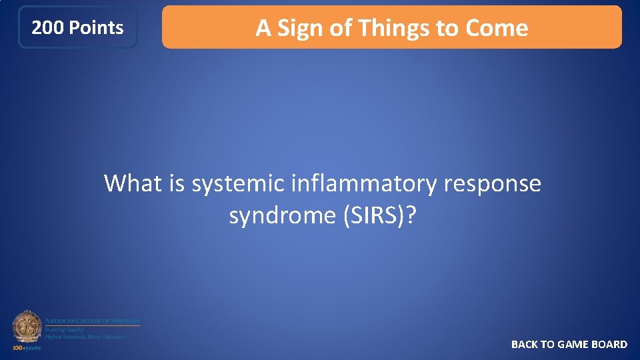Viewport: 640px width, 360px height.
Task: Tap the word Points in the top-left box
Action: pos(96,28)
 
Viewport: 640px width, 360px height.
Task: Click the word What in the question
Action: pos(135,183)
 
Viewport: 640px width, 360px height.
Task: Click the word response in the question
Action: pos(491,183)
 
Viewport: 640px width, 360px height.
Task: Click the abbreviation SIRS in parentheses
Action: pos(375,215)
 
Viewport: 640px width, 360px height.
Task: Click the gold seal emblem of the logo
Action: pos(27,327)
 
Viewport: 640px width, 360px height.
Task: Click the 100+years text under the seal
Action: pos(27,347)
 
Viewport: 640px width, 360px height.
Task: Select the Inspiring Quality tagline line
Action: pos(64,329)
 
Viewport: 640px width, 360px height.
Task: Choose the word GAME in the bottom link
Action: pos(573,344)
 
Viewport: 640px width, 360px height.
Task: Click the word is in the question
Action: pos(177,183)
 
